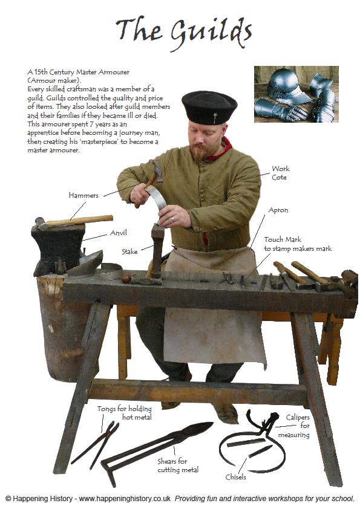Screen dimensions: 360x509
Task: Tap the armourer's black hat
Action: (209, 108)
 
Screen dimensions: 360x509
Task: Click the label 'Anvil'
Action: (118, 233)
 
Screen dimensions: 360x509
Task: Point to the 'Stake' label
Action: (129, 251)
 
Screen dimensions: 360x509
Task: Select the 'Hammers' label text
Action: (83, 195)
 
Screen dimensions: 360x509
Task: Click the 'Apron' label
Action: (278, 210)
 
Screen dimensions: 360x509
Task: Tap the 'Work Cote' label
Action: (280, 173)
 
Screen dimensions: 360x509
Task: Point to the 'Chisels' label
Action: (235, 477)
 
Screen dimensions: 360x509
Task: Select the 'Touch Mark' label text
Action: (283, 239)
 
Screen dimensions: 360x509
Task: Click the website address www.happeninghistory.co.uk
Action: (125, 498)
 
